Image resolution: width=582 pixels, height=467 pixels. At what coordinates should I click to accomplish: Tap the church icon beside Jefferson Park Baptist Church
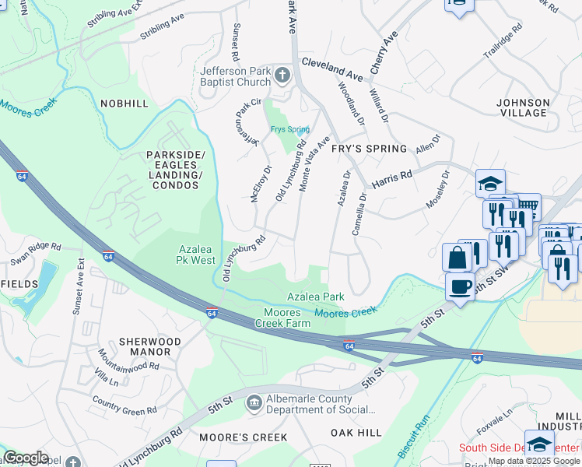pyautogui.click(x=282, y=76)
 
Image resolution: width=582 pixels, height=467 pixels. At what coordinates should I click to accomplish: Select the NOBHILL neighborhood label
pyautogui.click(x=124, y=103)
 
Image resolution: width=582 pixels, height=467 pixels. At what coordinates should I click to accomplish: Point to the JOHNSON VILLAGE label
pyautogui.click(x=522, y=107)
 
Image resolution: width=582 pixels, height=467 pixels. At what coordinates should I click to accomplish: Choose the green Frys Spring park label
pyautogui.click(x=289, y=129)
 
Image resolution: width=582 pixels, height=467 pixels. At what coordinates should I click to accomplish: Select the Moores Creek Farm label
pyautogui.click(x=282, y=318)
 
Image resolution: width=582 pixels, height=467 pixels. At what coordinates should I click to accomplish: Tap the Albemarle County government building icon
pyautogui.click(x=254, y=402)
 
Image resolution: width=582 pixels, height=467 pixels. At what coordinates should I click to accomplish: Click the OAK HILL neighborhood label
pyautogui.click(x=356, y=433)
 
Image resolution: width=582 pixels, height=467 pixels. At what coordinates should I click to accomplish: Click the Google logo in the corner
pyautogui.click(x=26, y=458)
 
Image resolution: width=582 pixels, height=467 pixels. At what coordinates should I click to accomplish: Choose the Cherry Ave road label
pyautogui.click(x=384, y=53)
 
